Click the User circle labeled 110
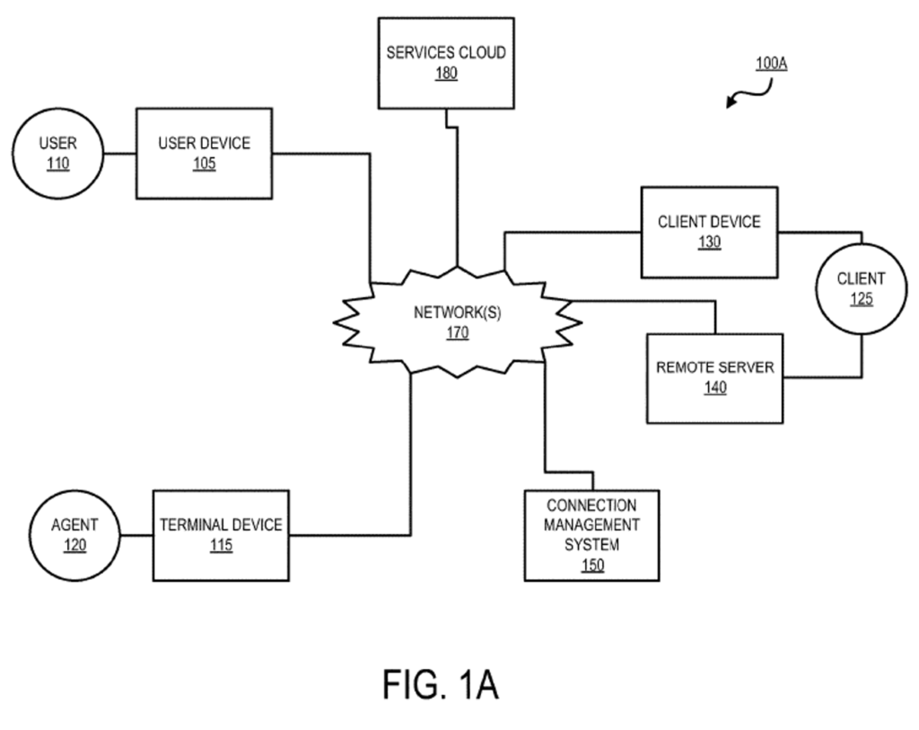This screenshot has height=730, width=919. coord(58,154)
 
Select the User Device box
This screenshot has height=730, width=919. coord(204,153)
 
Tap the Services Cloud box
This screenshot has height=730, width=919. coord(446,62)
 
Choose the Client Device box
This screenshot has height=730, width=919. coord(709,232)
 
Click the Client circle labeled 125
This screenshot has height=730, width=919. coord(861,288)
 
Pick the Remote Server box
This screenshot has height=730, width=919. coord(714,377)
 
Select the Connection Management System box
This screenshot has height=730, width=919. coord(591,534)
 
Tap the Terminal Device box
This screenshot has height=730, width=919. coord(221,534)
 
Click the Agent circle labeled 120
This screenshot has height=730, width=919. coord(74,535)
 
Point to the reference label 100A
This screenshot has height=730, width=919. coord(771,64)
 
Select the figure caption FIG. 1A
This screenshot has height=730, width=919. coord(440,685)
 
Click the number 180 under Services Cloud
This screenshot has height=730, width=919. coord(446,74)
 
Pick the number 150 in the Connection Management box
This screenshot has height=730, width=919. coord(592,565)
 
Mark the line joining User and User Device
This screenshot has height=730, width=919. coord(119,154)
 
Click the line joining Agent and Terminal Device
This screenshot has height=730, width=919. coord(136,535)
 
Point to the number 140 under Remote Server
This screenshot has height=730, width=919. coord(715,388)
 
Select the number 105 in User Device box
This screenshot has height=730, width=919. coord(205,164)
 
